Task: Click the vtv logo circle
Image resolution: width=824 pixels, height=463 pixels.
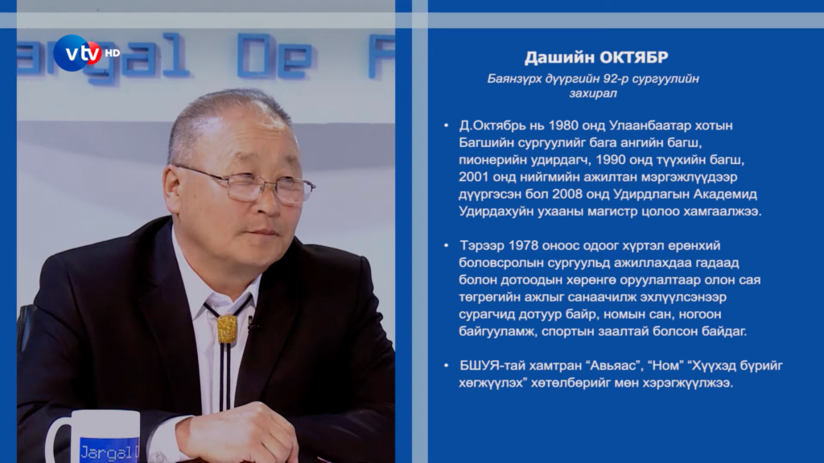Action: click(x=78, y=53)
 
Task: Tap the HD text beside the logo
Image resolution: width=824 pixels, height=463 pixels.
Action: click(x=113, y=53)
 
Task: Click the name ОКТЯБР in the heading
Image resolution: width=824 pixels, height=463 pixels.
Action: click(x=634, y=57)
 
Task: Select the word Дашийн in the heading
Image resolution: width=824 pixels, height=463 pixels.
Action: click(x=559, y=57)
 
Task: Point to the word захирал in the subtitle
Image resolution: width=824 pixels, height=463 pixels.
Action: click(x=593, y=93)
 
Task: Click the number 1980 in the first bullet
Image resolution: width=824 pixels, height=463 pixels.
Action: click(x=562, y=125)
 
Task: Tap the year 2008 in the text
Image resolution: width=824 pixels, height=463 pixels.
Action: click(x=566, y=195)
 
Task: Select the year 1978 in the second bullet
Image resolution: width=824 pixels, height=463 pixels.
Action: click(x=524, y=246)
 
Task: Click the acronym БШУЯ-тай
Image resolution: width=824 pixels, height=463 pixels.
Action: click(x=489, y=366)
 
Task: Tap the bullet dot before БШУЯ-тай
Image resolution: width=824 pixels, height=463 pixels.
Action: click(x=446, y=366)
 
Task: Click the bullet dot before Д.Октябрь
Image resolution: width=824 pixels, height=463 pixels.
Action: click(x=446, y=125)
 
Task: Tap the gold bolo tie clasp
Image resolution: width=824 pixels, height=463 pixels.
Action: click(x=227, y=329)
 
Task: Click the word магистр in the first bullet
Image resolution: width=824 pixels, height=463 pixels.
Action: click(x=595, y=211)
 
